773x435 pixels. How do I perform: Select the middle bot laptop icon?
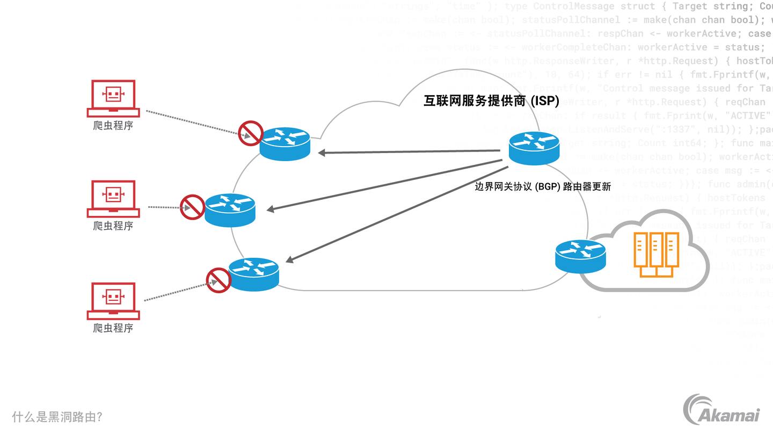[113, 198]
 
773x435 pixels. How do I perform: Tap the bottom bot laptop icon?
[113, 300]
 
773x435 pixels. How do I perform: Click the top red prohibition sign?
[250, 133]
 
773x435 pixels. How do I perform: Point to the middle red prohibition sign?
[192, 207]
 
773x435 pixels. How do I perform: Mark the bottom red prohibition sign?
[218, 280]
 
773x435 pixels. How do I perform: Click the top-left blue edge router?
[285, 144]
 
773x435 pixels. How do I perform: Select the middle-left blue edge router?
[230, 209]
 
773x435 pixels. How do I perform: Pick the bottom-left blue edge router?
[253, 274]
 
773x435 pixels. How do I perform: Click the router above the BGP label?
[534, 148]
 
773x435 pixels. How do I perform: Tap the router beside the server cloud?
[580, 256]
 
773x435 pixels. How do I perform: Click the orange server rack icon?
[656, 253]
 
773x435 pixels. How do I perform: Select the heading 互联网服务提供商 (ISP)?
[491, 101]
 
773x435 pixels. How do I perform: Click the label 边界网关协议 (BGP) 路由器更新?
[543, 187]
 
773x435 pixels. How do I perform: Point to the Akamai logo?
[722, 410]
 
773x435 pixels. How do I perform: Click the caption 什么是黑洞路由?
[57, 417]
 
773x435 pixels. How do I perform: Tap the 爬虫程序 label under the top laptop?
[113, 126]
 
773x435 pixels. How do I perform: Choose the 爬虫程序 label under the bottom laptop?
[113, 328]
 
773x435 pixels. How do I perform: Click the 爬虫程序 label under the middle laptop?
[113, 226]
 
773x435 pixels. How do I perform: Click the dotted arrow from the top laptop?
[193, 123]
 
